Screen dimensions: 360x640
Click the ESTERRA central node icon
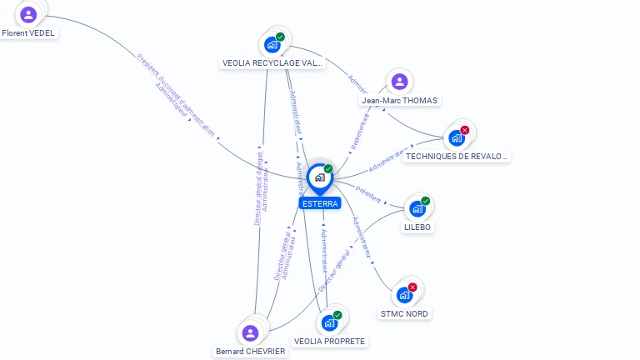[319, 177]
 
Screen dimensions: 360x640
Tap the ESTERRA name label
[320, 203]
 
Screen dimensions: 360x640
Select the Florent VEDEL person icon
[28, 14]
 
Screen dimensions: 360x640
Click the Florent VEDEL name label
[28, 33]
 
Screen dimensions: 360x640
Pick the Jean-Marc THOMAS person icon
[399, 81]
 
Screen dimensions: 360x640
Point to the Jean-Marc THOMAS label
[400, 100]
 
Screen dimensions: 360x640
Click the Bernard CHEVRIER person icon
[250, 332]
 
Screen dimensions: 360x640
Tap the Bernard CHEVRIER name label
[250, 352]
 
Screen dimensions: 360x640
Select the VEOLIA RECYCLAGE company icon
[272, 44]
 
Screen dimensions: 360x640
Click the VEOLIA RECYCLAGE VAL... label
[272, 62]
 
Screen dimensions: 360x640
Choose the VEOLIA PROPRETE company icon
[329, 322]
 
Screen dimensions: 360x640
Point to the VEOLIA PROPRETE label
[330, 341]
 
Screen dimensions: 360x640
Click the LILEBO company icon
[417, 208]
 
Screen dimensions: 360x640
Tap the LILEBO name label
[418, 227]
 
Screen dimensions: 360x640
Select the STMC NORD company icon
[404, 294]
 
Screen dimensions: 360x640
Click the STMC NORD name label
[404, 313]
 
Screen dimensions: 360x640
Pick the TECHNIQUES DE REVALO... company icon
[457, 137]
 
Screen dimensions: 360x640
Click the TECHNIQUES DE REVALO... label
[457, 156]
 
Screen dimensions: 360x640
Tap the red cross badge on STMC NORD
[412, 287]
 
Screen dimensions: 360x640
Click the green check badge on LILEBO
[425, 201]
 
